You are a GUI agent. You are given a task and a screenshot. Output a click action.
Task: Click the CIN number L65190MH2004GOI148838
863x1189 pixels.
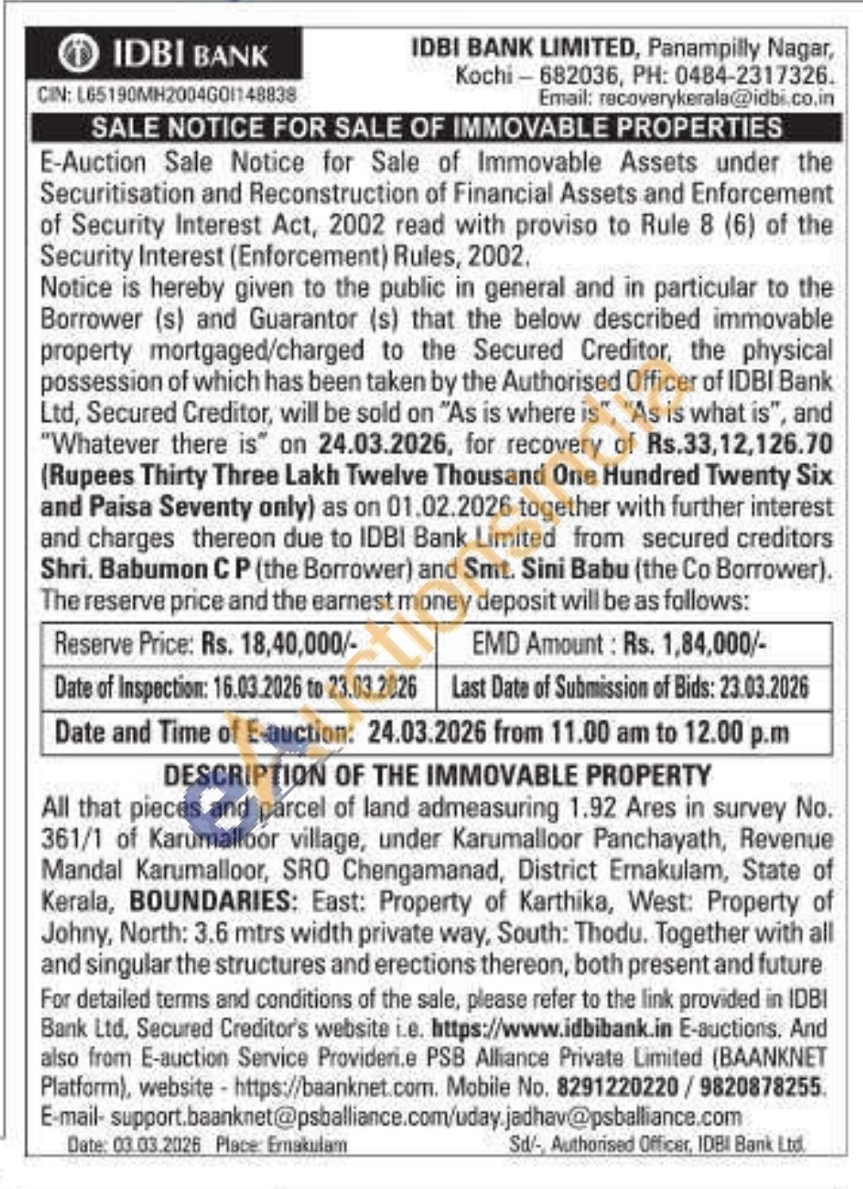pos(167,93)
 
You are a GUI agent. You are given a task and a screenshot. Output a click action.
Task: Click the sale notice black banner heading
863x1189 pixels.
pos(436,128)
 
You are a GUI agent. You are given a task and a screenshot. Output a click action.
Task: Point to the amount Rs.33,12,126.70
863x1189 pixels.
pos(740,444)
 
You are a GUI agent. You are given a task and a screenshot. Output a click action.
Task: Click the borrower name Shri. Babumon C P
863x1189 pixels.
pos(146,569)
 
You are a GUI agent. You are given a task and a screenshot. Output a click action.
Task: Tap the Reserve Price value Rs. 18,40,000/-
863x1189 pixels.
pos(279,644)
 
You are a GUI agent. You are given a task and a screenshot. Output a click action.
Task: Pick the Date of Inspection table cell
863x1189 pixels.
pos(236,688)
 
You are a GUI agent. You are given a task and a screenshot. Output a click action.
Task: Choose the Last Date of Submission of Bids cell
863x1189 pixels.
pos(631,688)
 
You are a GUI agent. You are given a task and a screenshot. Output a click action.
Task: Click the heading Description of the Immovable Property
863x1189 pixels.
pos(437,775)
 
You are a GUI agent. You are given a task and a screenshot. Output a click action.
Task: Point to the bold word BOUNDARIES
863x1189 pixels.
pos(210,901)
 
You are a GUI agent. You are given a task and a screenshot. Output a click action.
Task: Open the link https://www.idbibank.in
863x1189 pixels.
pos(551,1028)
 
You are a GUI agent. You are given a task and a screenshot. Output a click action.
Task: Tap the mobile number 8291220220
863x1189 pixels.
pos(617,1085)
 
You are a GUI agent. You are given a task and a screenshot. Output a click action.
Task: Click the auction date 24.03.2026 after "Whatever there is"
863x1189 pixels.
pos(384,444)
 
